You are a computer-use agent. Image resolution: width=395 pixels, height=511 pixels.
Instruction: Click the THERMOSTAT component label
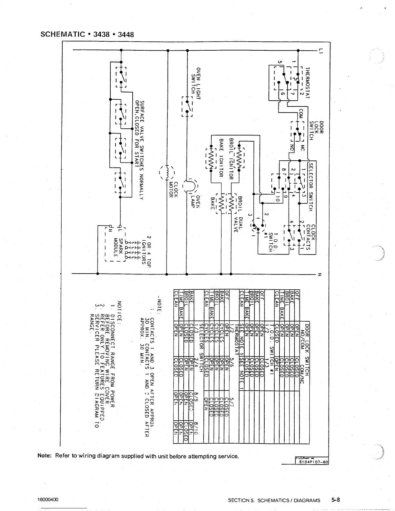coord(308,83)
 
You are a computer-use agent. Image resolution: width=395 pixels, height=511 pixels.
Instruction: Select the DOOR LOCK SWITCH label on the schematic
coord(317,130)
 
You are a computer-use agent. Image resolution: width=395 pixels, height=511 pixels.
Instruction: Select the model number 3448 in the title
coord(126,34)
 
